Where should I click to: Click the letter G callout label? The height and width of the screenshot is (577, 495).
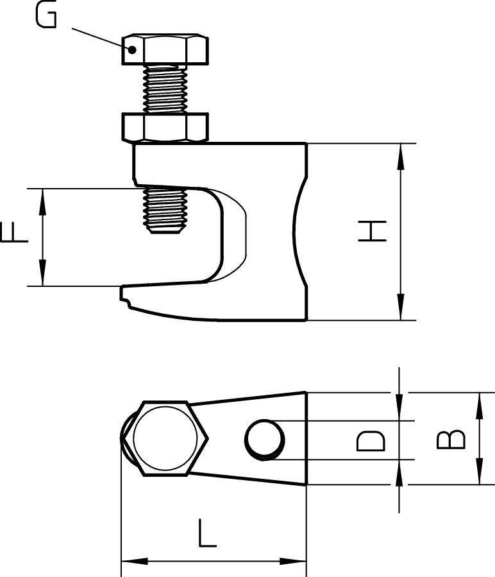[46, 15]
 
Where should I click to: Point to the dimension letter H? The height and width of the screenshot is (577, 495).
[373, 231]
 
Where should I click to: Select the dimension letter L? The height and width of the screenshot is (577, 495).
[206, 534]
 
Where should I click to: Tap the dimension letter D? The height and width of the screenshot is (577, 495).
[371, 440]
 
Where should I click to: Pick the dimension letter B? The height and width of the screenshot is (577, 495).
[451, 439]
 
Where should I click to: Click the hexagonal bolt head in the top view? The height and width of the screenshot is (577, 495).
[165, 439]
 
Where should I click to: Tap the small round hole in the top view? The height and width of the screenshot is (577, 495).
[264, 439]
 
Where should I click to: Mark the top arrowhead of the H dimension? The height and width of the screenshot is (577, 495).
[401, 155]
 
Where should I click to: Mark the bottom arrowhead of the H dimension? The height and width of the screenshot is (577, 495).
[401, 309]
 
